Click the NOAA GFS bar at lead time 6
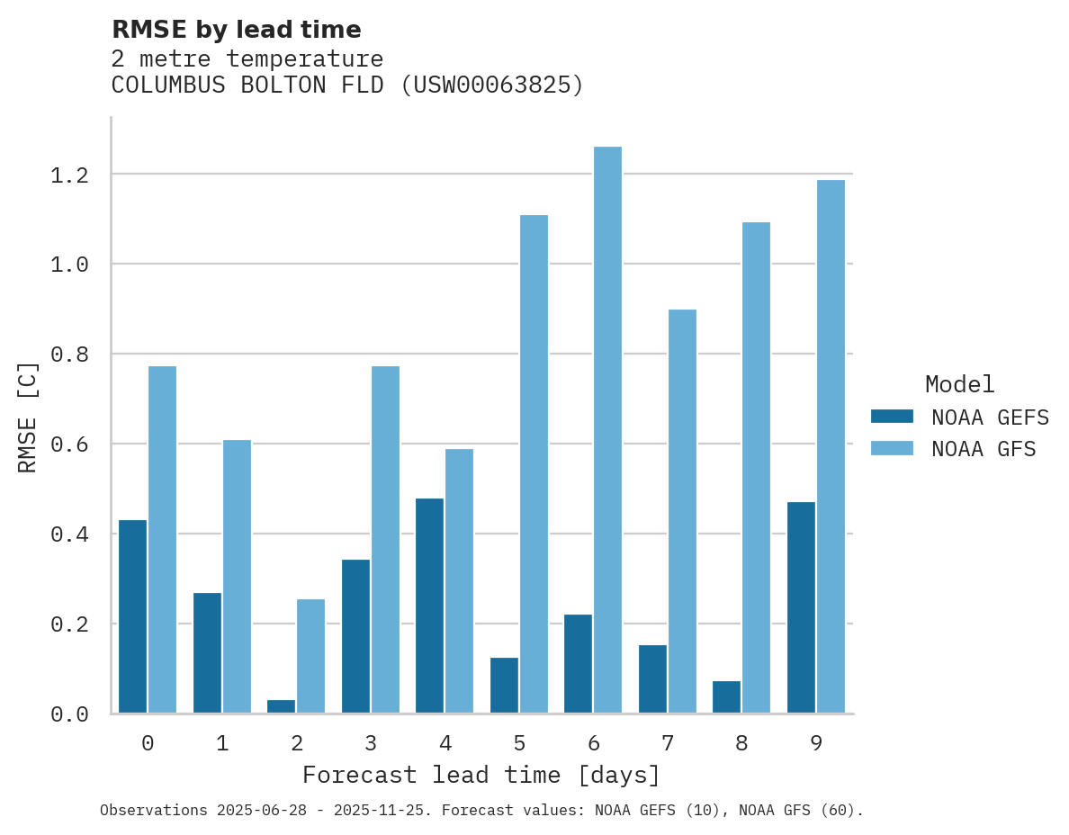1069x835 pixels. click(608, 430)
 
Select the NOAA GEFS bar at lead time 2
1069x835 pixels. click(281, 706)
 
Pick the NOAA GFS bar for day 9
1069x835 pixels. click(831, 446)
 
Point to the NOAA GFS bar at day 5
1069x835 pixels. click(534, 464)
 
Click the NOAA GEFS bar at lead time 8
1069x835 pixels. click(726, 697)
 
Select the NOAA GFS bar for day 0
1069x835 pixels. click(162, 540)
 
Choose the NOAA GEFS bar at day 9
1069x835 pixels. click(801, 607)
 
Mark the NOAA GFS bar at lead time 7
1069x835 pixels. click(682, 511)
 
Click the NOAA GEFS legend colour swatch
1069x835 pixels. click(892, 417)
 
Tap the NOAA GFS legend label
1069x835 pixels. click(984, 448)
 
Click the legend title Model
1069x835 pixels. click(959, 384)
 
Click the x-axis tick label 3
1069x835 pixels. click(370, 743)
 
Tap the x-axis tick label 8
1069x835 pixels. click(741, 743)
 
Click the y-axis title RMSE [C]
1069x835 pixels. click(28, 417)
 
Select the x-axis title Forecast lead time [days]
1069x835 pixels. click(481, 775)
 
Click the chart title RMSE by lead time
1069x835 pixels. click(236, 30)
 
